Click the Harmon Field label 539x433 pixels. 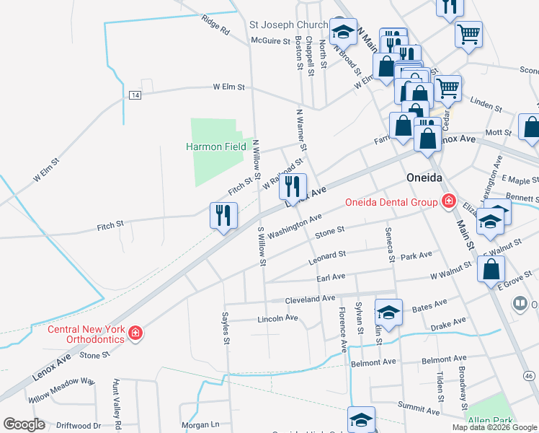tap(216, 146)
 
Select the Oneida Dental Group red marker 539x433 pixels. tap(448, 201)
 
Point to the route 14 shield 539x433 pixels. tap(135, 95)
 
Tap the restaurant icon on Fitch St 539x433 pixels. tap(223, 215)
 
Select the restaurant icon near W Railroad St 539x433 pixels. tap(292, 186)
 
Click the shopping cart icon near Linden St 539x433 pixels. tap(447, 89)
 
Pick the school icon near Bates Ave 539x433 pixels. tap(388, 312)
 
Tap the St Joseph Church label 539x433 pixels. tap(289, 24)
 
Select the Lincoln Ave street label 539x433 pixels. tap(277, 318)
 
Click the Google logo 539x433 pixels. tap(24, 424)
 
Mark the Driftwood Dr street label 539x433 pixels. tap(78, 426)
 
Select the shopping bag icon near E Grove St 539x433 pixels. tap(491, 271)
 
